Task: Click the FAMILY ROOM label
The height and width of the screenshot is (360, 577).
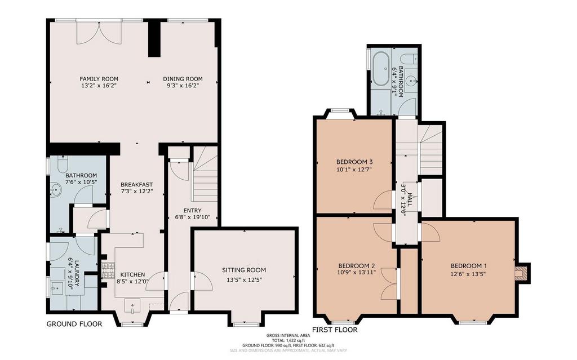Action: (x=99, y=79)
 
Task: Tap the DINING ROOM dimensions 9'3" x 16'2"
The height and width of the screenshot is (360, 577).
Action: (x=183, y=86)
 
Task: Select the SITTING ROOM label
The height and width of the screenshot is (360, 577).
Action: (x=244, y=270)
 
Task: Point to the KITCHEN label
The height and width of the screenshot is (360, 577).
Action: (x=133, y=274)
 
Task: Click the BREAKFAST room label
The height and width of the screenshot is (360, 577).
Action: (x=136, y=185)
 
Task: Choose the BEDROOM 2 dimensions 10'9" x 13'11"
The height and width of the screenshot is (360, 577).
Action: (x=357, y=273)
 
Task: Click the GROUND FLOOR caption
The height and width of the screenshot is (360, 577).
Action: (x=74, y=325)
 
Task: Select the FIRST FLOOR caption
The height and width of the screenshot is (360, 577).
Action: (x=335, y=330)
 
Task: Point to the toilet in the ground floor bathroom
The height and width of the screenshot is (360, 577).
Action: (x=62, y=163)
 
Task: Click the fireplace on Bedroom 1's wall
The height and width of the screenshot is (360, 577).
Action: (x=522, y=273)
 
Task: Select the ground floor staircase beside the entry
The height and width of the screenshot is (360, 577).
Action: (x=205, y=174)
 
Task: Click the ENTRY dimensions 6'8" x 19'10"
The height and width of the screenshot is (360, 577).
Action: (x=193, y=217)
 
